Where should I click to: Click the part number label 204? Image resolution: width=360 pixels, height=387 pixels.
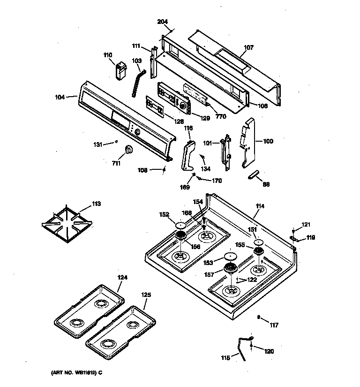[x=163, y=22]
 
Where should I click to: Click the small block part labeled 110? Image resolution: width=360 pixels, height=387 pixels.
[x=121, y=70]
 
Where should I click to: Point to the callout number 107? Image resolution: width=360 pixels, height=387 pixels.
[x=248, y=47]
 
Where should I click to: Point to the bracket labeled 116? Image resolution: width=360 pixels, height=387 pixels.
[x=188, y=155]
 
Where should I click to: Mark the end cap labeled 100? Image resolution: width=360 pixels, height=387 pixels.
[x=247, y=141]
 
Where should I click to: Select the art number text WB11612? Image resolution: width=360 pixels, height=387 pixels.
[x=75, y=373]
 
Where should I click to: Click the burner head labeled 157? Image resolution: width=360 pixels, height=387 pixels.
[x=230, y=269]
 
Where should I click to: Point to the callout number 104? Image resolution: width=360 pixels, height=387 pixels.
[x=60, y=97]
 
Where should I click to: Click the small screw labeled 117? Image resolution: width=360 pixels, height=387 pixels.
[x=259, y=318]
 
